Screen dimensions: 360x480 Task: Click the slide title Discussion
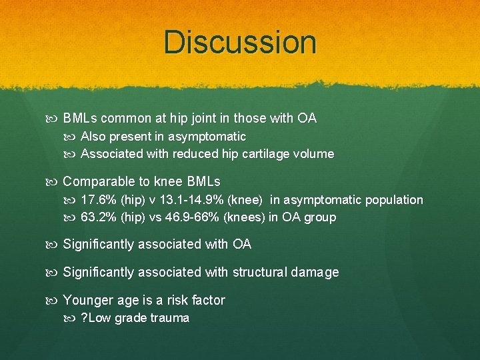240,42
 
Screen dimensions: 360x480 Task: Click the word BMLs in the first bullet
80,119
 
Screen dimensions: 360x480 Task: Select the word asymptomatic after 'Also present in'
208,137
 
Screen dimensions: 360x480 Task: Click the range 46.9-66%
193,217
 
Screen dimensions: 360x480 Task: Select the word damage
316,272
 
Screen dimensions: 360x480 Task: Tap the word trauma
170,318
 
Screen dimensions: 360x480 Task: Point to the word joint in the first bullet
191,119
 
